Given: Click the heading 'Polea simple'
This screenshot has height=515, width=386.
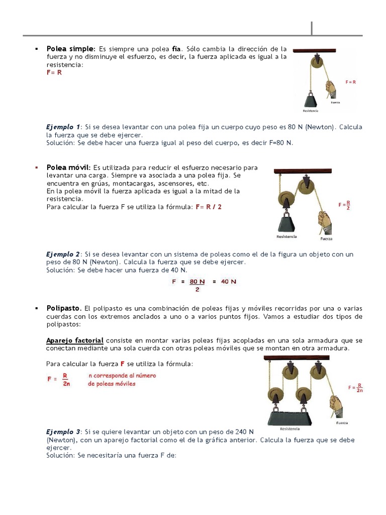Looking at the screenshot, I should click(70, 49).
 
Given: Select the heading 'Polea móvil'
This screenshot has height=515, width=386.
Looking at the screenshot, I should click(68, 167).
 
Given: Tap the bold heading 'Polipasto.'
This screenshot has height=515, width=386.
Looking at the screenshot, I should click(64, 308).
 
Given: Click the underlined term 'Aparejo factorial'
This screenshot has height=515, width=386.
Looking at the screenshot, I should click(75, 340).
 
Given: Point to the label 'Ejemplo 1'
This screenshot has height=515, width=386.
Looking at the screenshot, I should click(63, 127).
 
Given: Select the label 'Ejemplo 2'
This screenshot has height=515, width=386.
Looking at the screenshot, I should click(63, 254).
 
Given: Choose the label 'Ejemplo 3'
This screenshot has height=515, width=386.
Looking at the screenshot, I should click(63, 432).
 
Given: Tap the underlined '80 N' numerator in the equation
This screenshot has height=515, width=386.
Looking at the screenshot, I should click(197, 282).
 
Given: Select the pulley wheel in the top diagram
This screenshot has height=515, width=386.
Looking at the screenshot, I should click(316, 62).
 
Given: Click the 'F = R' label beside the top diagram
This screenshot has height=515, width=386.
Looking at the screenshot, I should click(350, 81).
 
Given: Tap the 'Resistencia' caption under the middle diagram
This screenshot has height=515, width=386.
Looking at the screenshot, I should click(286, 236).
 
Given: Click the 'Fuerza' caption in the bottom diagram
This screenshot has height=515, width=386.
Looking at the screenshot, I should click(342, 423).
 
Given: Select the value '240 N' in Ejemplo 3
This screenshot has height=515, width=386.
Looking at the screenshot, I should click(243, 432).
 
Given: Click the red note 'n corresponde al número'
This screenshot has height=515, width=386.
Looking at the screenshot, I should click(122, 376).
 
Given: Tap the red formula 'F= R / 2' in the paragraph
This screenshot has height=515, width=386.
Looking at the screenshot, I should click(209, 207).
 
